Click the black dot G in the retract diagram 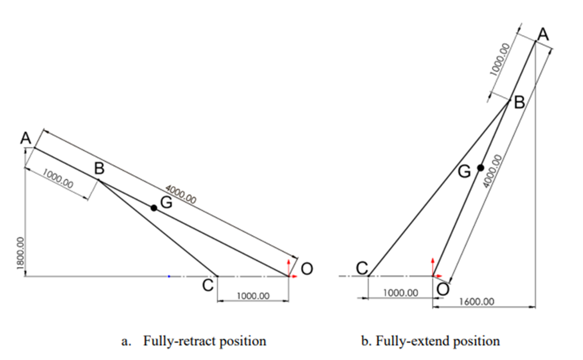click(154, 208)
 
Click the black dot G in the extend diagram click(480, 167)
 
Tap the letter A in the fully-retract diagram click(26, 138)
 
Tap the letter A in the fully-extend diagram click(543, 35)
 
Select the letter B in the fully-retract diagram click(99, 169)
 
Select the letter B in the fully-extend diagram click(519, 102)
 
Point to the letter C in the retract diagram click(208, 286)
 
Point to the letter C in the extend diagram click(362, 268)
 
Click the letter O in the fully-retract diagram click(307, 269)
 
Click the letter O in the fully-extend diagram click(443, 289)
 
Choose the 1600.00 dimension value click(477, 302)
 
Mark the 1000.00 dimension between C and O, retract click(253, 296)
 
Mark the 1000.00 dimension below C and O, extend click(400, 293)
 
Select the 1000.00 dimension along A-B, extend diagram click(500, 59)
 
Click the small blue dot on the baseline click(169, 276)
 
